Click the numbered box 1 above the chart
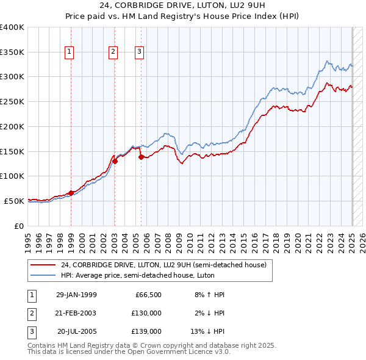[x=70, y=52]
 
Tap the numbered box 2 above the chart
[x=113, y=52]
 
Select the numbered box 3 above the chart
[x=139, y=52]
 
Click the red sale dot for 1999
[x=71, y=193]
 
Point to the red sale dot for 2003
[x=115, y=161]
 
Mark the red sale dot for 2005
[x=141, y=157]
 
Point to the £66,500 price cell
[x=148, y=295]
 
